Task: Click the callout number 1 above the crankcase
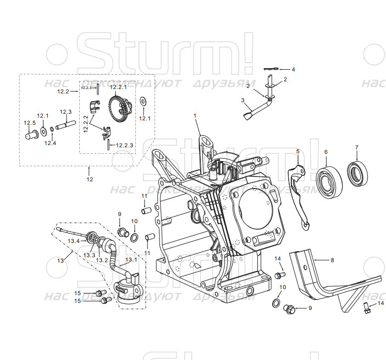(x=195, y=115)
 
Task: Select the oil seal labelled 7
(x=358, y=173)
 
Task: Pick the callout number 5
(x=297, y=151)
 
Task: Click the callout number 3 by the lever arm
(x=242, y=100)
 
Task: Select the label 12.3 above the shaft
(x=65, y=112)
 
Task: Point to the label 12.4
(x=50, y=143)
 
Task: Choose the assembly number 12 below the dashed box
(x=90, y=179)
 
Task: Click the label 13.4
(x=73, y=241)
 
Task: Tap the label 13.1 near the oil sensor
(x=132, y=259)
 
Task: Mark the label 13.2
(x=102, y=260)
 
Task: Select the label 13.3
(x=89, y=255)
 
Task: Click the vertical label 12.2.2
(x=86, y=124)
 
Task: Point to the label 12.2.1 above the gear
(x=118, y=87)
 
